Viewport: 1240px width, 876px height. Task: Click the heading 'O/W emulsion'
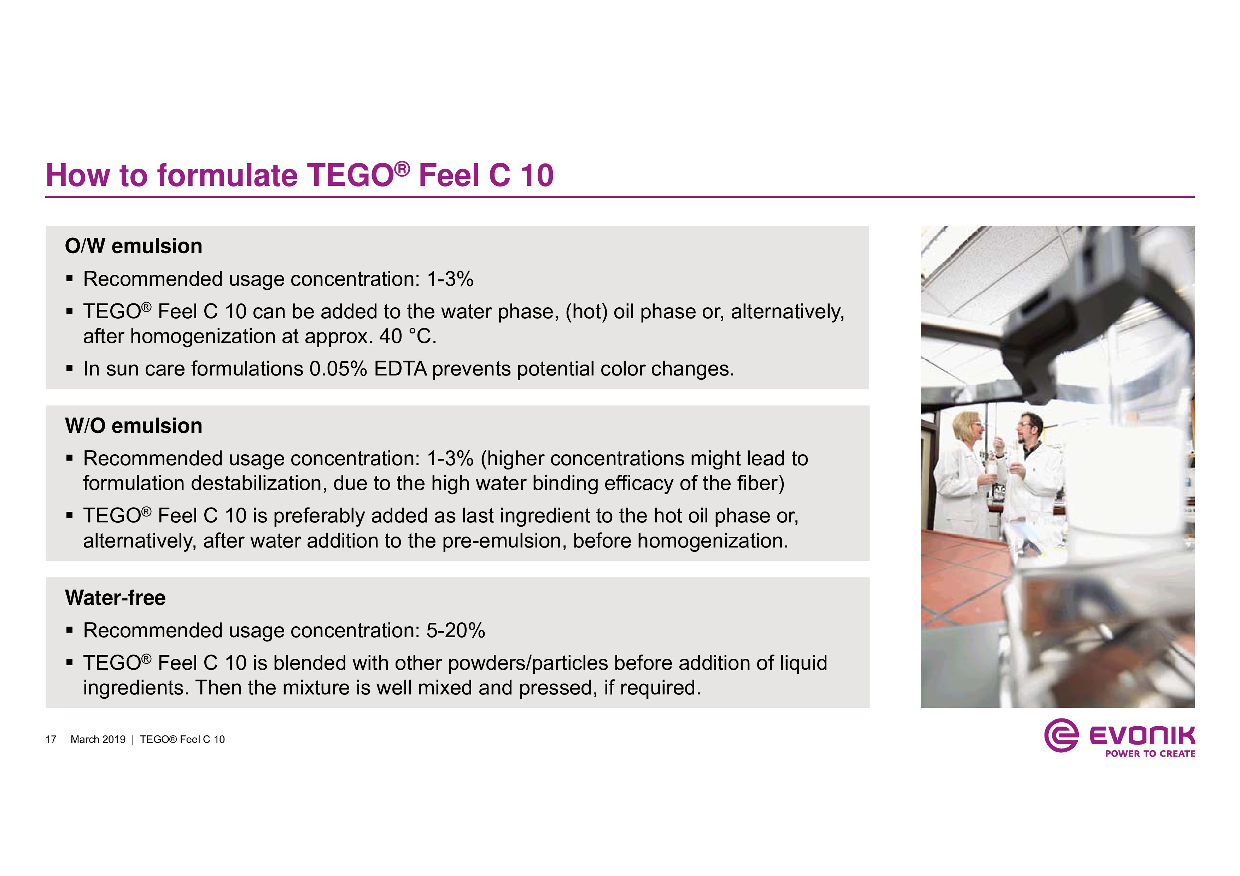pyautogui.click(x=133, y=246)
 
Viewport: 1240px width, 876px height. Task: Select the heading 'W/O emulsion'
pyautogui.click(x=133, y=426)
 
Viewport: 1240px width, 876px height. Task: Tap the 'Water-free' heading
pyautogui.click(x=115, y=598)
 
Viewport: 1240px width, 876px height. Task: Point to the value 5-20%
pyautogui.click(x=455, y=631)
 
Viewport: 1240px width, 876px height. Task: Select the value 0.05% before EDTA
pyautogui.click(x=338, y=369)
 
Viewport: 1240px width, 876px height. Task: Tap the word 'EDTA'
pyautogui.click(x=400, y=369)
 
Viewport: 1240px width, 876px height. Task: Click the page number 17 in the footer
pyautogui.click(x=51, y=739)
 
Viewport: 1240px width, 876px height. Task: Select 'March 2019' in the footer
pyautogui.click(x=98, y=739)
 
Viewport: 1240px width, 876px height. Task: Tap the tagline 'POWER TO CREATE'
pyautogui.click(x=1150, y=753)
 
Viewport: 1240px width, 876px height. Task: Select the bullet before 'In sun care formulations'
pyautogui.click(x=69, y=369)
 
